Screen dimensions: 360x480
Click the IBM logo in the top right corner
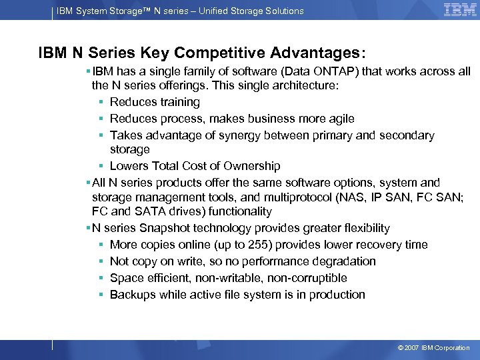point(460,10)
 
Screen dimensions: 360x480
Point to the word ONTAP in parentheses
point(306,71)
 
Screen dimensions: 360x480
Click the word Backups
point(132,295)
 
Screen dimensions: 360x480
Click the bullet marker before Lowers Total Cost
point(101,166)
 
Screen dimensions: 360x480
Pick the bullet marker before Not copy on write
point(101,261)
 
